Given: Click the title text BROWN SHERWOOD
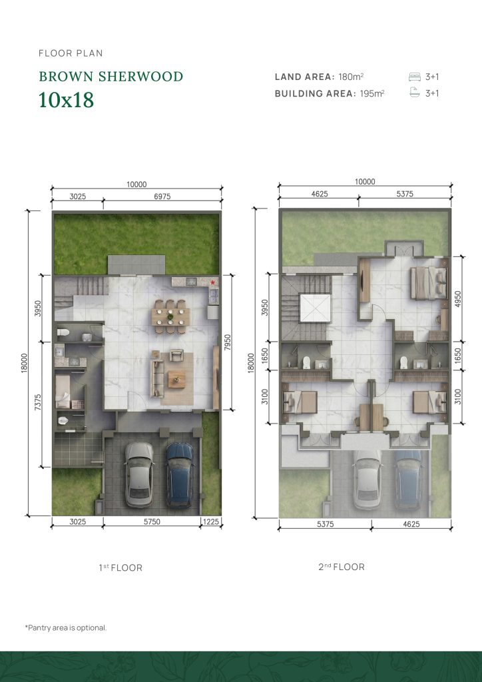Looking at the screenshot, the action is point(111,77).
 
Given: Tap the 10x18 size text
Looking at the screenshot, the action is point(66,100).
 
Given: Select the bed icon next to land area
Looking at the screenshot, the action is point(415,77).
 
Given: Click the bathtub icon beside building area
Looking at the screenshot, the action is point(415,93).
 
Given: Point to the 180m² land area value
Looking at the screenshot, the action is point(351,77).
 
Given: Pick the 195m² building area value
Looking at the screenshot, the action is point(372,93).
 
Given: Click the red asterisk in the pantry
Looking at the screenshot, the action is point(212,282).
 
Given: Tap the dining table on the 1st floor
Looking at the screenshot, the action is point(170,316).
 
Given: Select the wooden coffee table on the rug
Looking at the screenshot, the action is point(177,379).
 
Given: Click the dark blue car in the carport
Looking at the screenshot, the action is point(180,475).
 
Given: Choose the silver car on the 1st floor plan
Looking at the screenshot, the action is point(139,475).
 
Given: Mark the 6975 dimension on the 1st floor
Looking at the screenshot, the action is point(162,196).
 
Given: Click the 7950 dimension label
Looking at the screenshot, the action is point(228,342).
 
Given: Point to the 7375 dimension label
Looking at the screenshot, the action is point(38,402).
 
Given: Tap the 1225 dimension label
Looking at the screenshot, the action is point(211,522).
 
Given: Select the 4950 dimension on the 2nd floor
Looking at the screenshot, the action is point(457,299).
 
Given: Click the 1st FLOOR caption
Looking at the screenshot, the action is point(120,567).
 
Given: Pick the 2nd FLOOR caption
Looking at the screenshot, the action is point(342,567).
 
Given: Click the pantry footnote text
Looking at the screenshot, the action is point(66,627).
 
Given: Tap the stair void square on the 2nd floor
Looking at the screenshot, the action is point(315,308).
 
